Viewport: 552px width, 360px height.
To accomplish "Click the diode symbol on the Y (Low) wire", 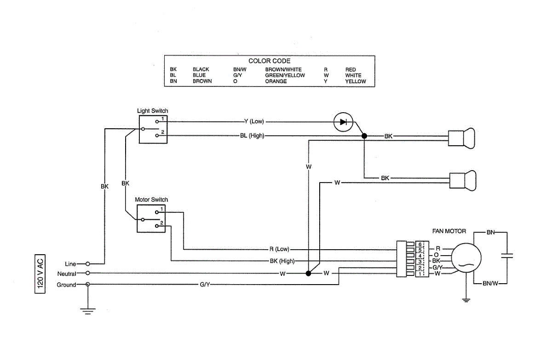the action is click(343, 122).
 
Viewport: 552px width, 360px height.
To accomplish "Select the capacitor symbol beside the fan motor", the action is click(507, 256).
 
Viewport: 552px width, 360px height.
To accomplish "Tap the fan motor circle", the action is click(466, 258).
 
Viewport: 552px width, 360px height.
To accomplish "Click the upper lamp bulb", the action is click(461, 138).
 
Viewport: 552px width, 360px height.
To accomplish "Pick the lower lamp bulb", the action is click(463, 181).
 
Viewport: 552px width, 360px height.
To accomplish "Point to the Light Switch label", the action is click(153, 111).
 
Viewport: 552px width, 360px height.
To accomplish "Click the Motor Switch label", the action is click(151, 200).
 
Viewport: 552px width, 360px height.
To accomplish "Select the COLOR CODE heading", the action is click(270, 61).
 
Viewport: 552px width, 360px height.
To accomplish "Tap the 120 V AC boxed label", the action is click(40, 274).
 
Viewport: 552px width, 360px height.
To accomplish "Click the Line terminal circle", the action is click(88, 264).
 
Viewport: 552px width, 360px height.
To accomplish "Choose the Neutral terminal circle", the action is click(88, 273).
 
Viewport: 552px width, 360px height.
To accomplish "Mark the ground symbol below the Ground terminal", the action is click(88, 311).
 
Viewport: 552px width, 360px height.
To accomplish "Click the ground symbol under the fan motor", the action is click(466, 300).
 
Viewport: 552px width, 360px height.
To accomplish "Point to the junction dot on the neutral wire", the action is click(308, 273).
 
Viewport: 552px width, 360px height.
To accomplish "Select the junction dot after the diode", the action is click(364, 136).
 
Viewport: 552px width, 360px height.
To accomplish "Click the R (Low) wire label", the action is click(279, 249).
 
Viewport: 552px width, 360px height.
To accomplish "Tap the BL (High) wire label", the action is click(252, 136).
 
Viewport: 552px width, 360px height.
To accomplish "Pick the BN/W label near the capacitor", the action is click(490, 283).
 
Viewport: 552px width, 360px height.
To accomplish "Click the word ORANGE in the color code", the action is click(276, 81).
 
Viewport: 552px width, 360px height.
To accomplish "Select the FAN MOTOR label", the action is click(449, 231).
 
